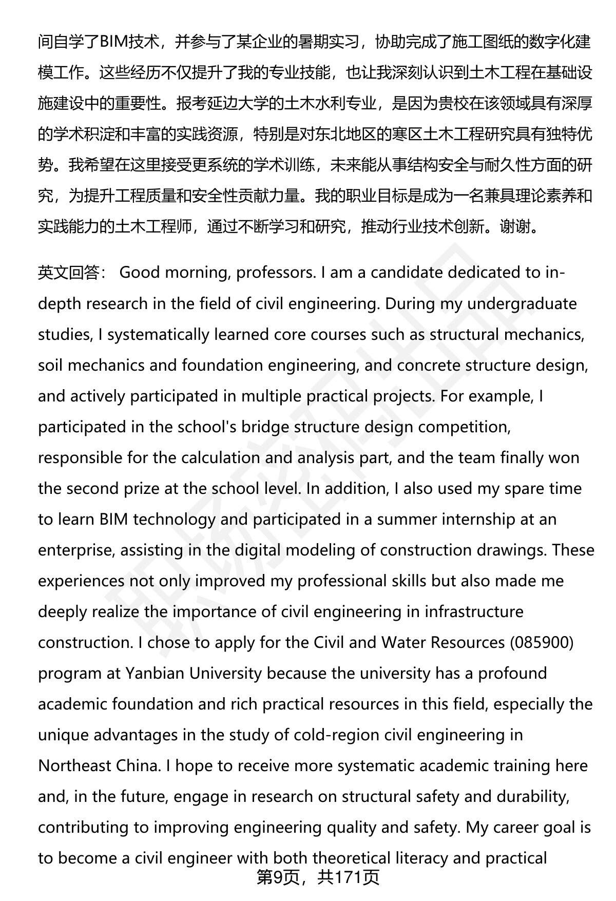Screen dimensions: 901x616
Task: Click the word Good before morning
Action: pyautogui.click(x=140, y=272)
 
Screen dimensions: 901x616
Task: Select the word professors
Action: pyautogui.click(x=276, y=272)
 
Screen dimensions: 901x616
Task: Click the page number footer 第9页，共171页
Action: pyautogui.click(x=318, y=877)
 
